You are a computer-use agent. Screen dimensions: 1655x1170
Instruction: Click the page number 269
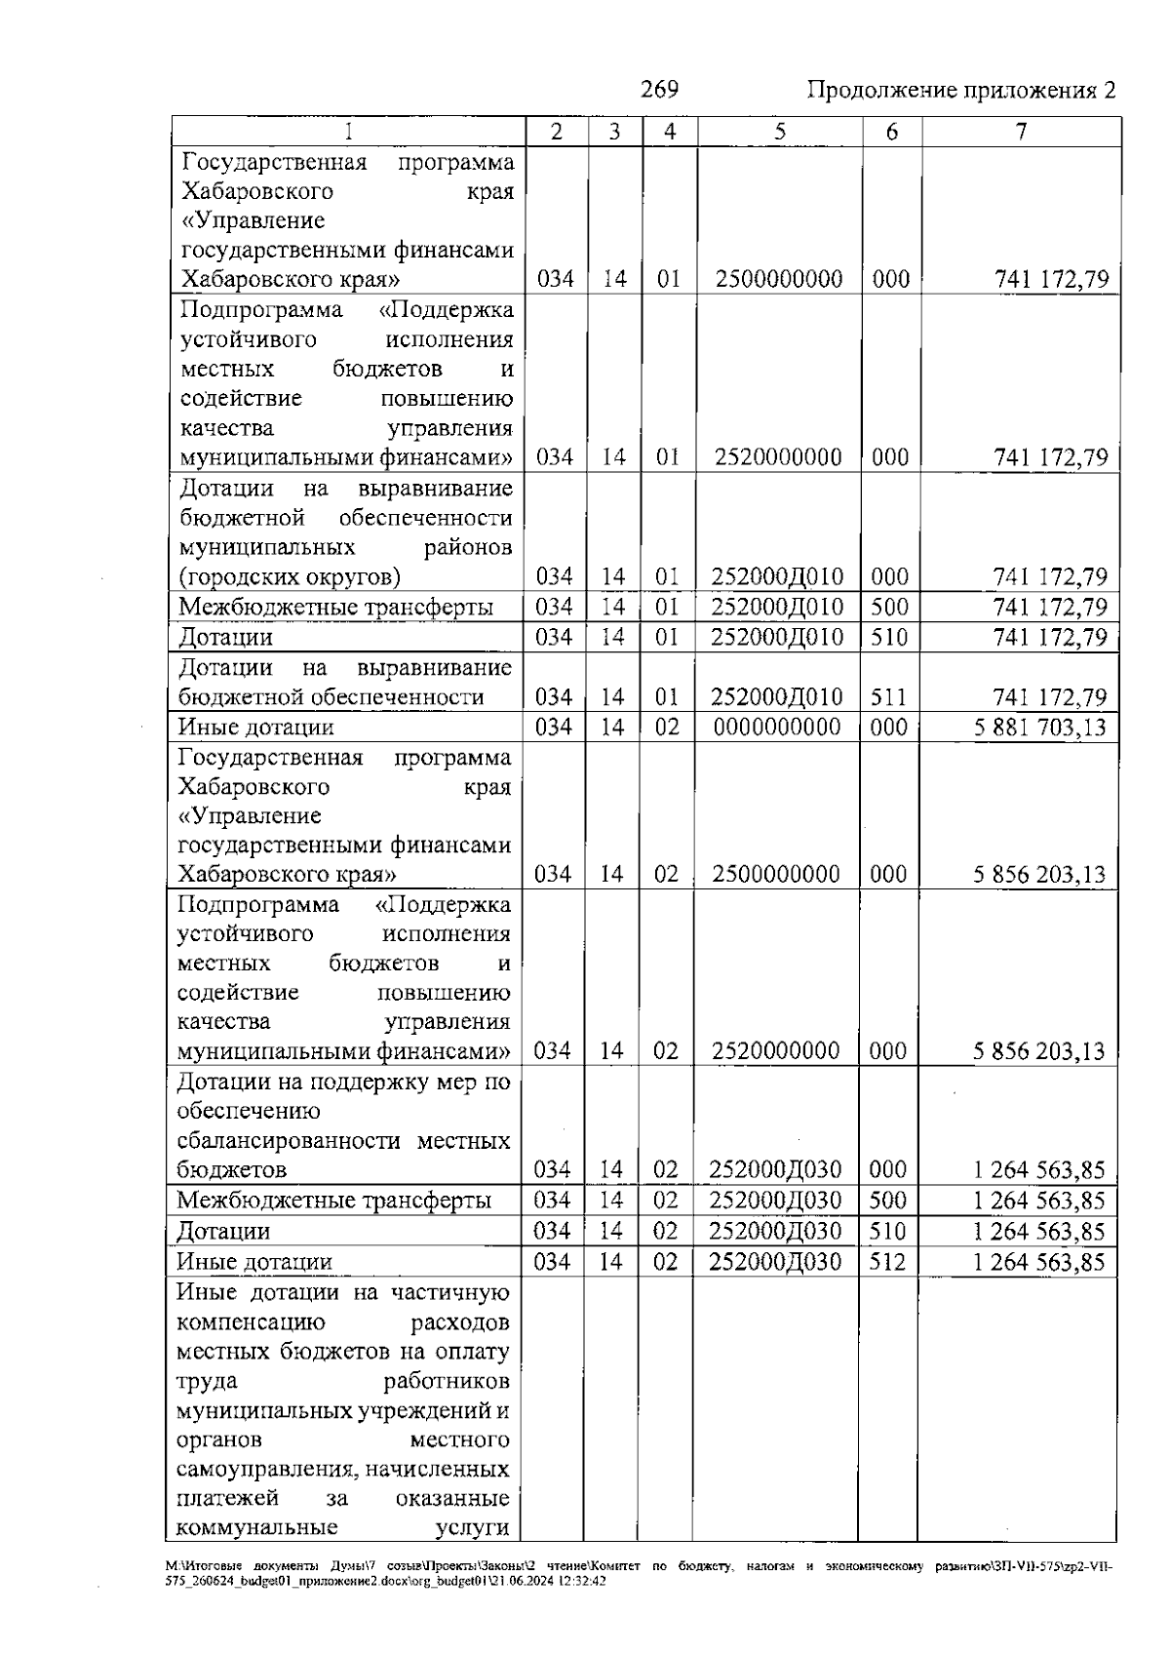pos(659,90)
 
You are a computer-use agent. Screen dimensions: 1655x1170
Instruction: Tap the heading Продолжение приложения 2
pos(960,92)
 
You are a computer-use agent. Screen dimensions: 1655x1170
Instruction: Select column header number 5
pos(780,132)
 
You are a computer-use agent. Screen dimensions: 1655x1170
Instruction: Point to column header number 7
pos(1021,132)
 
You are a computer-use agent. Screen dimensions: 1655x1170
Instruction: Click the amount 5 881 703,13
pos(1039,728)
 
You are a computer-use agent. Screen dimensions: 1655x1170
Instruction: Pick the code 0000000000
pos(777,728)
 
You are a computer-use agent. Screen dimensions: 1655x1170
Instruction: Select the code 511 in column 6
pos(889,697)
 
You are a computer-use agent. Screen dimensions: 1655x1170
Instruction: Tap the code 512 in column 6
pos(888,1262)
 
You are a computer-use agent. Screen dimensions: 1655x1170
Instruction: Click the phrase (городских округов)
pos(290,577)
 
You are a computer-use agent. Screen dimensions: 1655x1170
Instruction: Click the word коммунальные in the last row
pos(256,1528)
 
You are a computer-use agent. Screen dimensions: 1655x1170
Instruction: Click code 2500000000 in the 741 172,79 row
pos(779,280)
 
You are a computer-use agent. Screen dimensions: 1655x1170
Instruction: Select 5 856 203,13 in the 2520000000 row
pos(1039,1051)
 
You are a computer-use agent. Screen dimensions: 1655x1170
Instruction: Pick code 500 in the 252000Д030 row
pos(888,1201)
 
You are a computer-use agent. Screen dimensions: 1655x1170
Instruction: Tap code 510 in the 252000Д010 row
pos(889,638)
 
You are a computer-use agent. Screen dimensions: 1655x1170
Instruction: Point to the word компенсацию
pos(251,1323)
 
